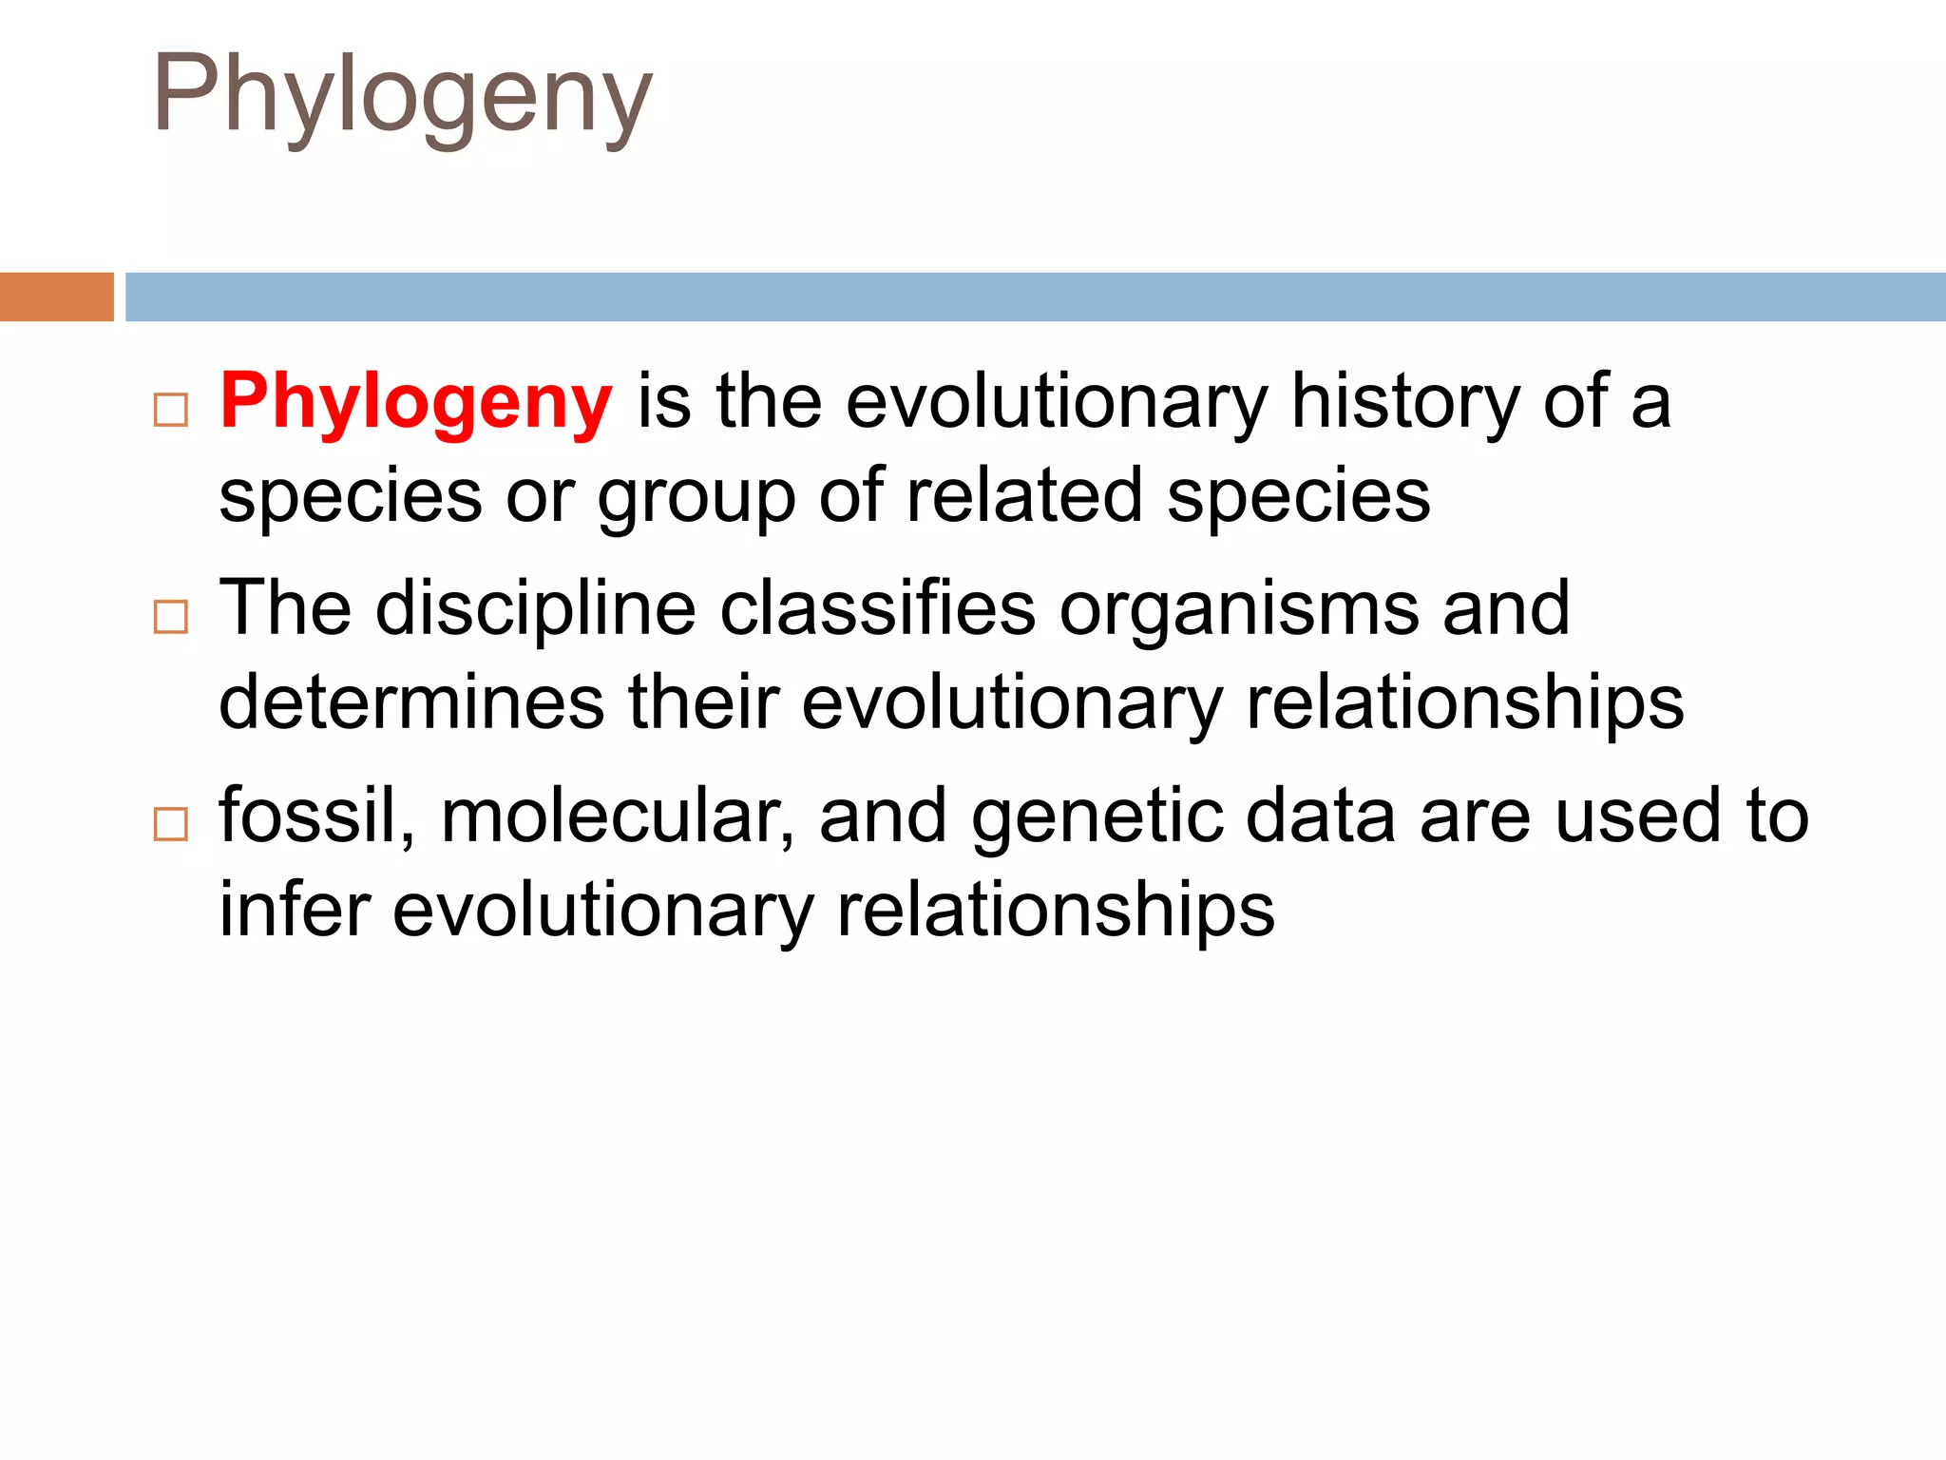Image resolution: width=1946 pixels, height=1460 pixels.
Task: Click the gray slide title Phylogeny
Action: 402,95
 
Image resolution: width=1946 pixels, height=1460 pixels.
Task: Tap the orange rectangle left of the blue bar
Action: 56,297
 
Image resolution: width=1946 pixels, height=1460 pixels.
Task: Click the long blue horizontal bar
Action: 1035,297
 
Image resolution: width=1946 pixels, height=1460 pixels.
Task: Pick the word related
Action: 1023,495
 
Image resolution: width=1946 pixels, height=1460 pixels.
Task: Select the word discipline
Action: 536,609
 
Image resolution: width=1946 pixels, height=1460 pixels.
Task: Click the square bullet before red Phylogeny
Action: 171,410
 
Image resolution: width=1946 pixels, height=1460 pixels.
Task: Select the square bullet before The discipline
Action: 171,617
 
